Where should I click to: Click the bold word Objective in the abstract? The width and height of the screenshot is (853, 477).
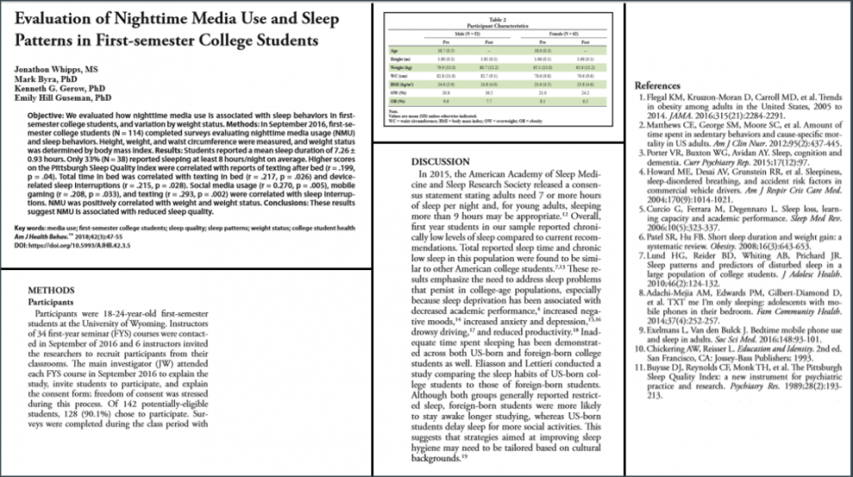point(54,115)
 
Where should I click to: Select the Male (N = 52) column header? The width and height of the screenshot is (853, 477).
point(464,33)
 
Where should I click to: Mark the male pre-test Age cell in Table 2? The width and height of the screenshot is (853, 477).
point(445,51)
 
